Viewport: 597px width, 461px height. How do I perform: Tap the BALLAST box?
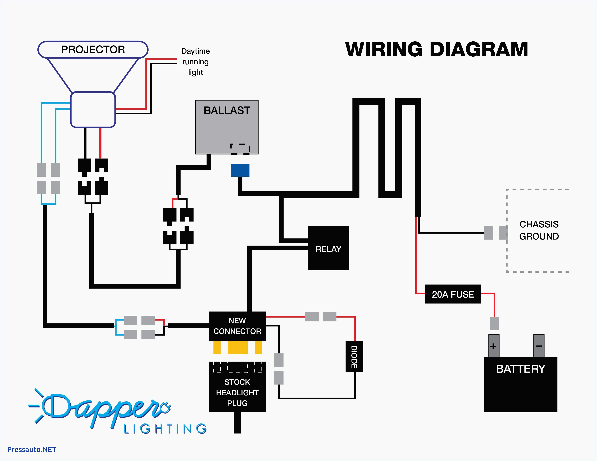(x=227, y=127)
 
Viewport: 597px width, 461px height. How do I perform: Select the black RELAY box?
(x=328, y=248)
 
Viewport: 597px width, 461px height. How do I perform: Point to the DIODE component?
(x=354, y=357)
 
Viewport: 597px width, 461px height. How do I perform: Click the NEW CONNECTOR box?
(x=237, y=326)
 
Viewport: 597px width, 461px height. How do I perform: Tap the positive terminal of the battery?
(x=494, y=346)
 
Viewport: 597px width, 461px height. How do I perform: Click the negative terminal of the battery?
(x=539, y=346)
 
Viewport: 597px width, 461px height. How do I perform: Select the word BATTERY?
(x=520, y=369)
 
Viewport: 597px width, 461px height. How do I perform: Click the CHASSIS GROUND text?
(x=539, y=230)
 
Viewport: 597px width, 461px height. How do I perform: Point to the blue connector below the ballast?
(x=240, y=170)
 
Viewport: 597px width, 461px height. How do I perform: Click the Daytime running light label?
(x=195, y=62)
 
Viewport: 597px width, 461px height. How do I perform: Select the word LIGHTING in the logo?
(x=165, y=429)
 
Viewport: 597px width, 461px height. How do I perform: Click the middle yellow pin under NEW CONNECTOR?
(x=238, y=348)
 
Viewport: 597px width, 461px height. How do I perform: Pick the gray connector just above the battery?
(x=494, y=323)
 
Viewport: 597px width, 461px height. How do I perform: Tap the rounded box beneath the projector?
(x=93, y=110)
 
